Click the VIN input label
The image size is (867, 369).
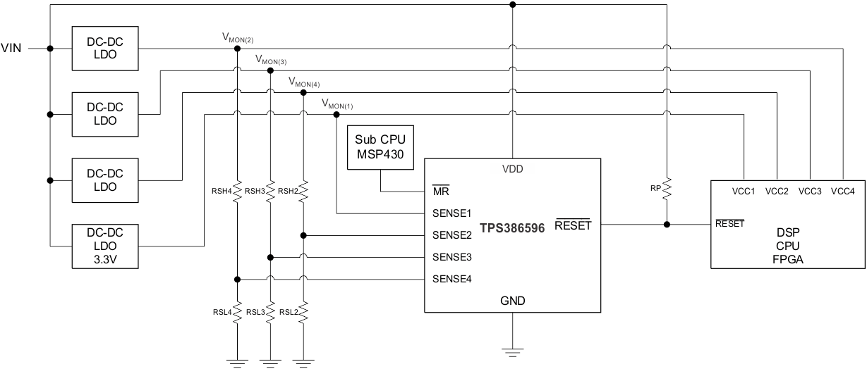[13, 49]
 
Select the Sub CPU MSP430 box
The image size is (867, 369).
[380, 148]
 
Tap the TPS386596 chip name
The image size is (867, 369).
[512, 230]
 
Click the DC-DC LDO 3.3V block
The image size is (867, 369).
[105, 246]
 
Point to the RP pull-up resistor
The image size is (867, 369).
[665, 189]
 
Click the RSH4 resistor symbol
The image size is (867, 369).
[238, 190]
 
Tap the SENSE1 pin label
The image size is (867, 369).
[451, 212]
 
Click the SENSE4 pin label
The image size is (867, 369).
[451, 279]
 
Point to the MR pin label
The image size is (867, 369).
[441, 190]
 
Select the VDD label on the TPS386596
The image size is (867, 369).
[512, 169]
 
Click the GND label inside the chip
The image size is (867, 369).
[512, 300]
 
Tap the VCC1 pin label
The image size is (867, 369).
[744, 191]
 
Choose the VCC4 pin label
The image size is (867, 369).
[843, 191]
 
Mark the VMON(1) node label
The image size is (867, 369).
[337, 105]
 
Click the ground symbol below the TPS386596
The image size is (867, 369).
[512, 349]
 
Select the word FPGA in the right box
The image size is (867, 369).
[788, 258]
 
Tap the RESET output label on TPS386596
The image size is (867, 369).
[572, 225]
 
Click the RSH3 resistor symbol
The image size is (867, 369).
[270, 190]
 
